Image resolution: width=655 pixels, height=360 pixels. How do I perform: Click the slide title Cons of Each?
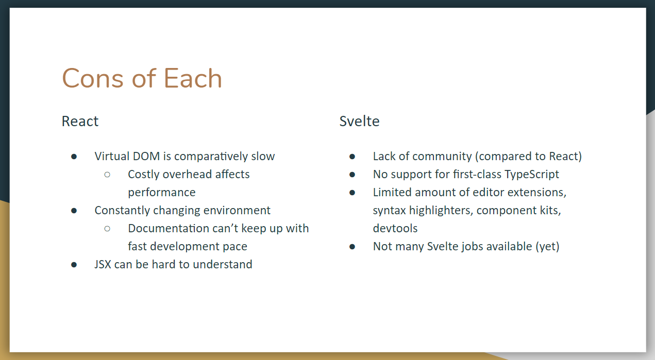pyautogui.click(x=142, y=79)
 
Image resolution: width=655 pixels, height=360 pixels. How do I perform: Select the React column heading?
pyautogui.click(x=80, y=122)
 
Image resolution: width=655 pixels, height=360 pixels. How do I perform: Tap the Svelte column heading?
pyautogui.click(x=359, y=122)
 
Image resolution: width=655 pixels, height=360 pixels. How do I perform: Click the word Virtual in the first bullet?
pyautogui.click(x=111, y=156)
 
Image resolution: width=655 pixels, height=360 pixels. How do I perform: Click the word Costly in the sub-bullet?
pyautogui.click(x=144, y=174)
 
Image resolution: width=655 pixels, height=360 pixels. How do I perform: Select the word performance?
pyautogui.click(x=162, y=193)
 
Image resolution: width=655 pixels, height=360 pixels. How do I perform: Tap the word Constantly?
pyautogui.click(x=122, y=210)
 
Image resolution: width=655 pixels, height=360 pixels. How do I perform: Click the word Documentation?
pyautogui.click(x=165, y=228)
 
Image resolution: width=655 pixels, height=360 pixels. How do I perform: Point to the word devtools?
pyautogui.click(x=395, y=228)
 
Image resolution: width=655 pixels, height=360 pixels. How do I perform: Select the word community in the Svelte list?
pyautogui.click(x=442, y=156)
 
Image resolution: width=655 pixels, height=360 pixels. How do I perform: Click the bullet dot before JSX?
pyautogui.click(x=74, y=265)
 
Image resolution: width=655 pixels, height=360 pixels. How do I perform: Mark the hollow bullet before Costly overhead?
pyautogui.click(x=107, y=175)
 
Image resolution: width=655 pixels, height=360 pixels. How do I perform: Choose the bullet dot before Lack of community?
pyautogui.click(x=352, y=157)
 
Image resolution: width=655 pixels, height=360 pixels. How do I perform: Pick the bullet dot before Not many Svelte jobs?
pyautogui.click(x=352, y=247)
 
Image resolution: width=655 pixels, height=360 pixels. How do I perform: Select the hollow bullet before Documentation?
pyautogui.click(x=107, y=229)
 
